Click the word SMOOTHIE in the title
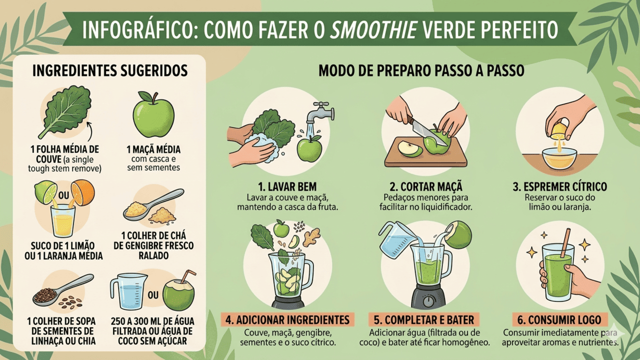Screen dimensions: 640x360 click(373, 29)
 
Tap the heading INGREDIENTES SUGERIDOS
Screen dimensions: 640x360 click(110, 70)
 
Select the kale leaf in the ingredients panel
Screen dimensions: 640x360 click(65, 111)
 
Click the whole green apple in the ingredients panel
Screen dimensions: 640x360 click(153, 114)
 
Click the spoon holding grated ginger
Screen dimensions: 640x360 click(153, 204)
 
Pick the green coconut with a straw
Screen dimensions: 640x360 click(179, 293)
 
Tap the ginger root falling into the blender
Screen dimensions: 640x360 click(312, 236)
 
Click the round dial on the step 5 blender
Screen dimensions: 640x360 click(427, 300)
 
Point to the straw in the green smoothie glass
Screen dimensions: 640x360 click(565, 243)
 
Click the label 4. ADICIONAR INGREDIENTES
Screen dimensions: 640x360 click(287, 319)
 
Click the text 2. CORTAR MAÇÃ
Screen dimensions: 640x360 click(426, 186)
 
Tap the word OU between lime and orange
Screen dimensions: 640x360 click(63, 195)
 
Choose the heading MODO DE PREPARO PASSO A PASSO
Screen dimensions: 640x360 click(421, 70)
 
